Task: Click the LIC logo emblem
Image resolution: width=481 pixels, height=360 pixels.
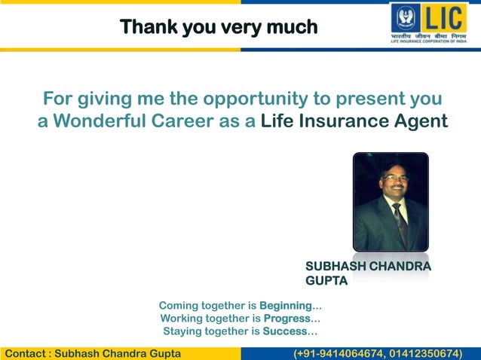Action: tap(406, 17)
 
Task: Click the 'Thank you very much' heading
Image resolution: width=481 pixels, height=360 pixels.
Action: tap(219, 28)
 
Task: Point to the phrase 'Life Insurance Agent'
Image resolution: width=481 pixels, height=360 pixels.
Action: tap(354, 121)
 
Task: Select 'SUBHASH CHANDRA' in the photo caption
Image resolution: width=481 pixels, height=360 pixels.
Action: tap(368, 267)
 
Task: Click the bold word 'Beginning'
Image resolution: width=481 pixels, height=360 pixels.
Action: tap(285, 306)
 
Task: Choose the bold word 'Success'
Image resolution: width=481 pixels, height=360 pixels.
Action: tap(285, 331)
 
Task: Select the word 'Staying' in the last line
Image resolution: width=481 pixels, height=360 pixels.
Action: tap(183, 331)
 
